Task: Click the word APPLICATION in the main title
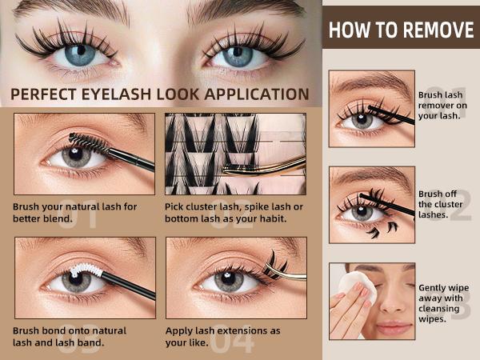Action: [257, 94]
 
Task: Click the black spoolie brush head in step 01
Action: [88, 142]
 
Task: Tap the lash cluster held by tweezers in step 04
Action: [275, 265]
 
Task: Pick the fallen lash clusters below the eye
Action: [382, 230]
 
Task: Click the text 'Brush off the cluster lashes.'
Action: [440, 204]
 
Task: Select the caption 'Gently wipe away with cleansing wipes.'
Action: [443, 303]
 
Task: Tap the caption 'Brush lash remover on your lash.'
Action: [442, 106]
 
